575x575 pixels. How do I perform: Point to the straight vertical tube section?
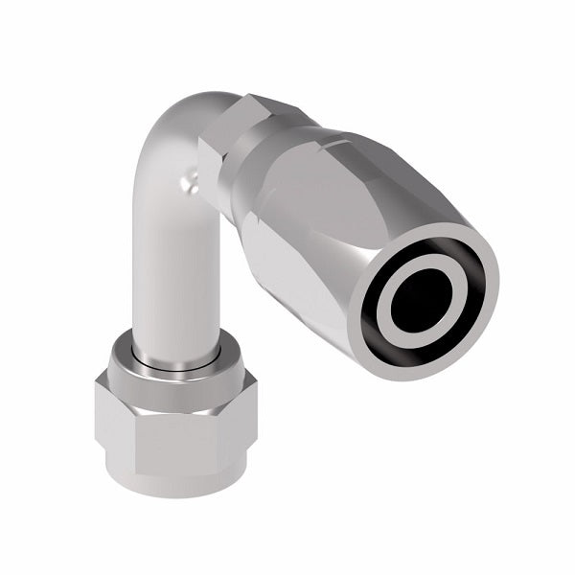click(172, 278)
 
